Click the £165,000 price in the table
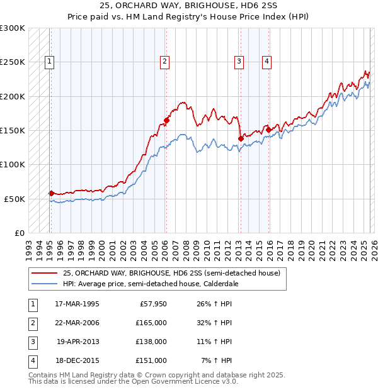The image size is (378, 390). [151, 323]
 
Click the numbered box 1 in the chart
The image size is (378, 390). [49, 62]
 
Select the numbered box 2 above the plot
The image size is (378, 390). [164, 62]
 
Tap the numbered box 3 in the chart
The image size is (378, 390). [239, 62]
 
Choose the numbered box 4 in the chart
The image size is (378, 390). [267, 62]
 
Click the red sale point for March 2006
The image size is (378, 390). [166, 120]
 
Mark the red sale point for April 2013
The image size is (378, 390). [240, 138]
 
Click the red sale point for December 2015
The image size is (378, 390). [268, 130]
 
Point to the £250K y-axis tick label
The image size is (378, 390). [13, 62]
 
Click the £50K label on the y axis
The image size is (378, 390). [14, 199]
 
